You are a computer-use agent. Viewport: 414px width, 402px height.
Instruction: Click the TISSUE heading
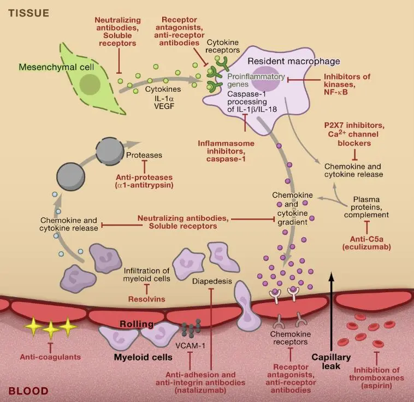[x=28, y=12]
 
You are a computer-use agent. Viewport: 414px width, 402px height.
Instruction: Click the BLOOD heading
[x=28, y=391]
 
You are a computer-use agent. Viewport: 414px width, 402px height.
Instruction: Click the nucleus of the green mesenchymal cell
[x=90, y=84]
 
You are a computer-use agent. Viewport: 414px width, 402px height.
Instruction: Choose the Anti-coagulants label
[x=50, y=357]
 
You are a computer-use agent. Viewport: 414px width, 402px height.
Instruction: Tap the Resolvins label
[x=146, y=299]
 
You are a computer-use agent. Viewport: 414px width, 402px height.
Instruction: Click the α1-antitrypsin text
[x=144, y=186]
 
